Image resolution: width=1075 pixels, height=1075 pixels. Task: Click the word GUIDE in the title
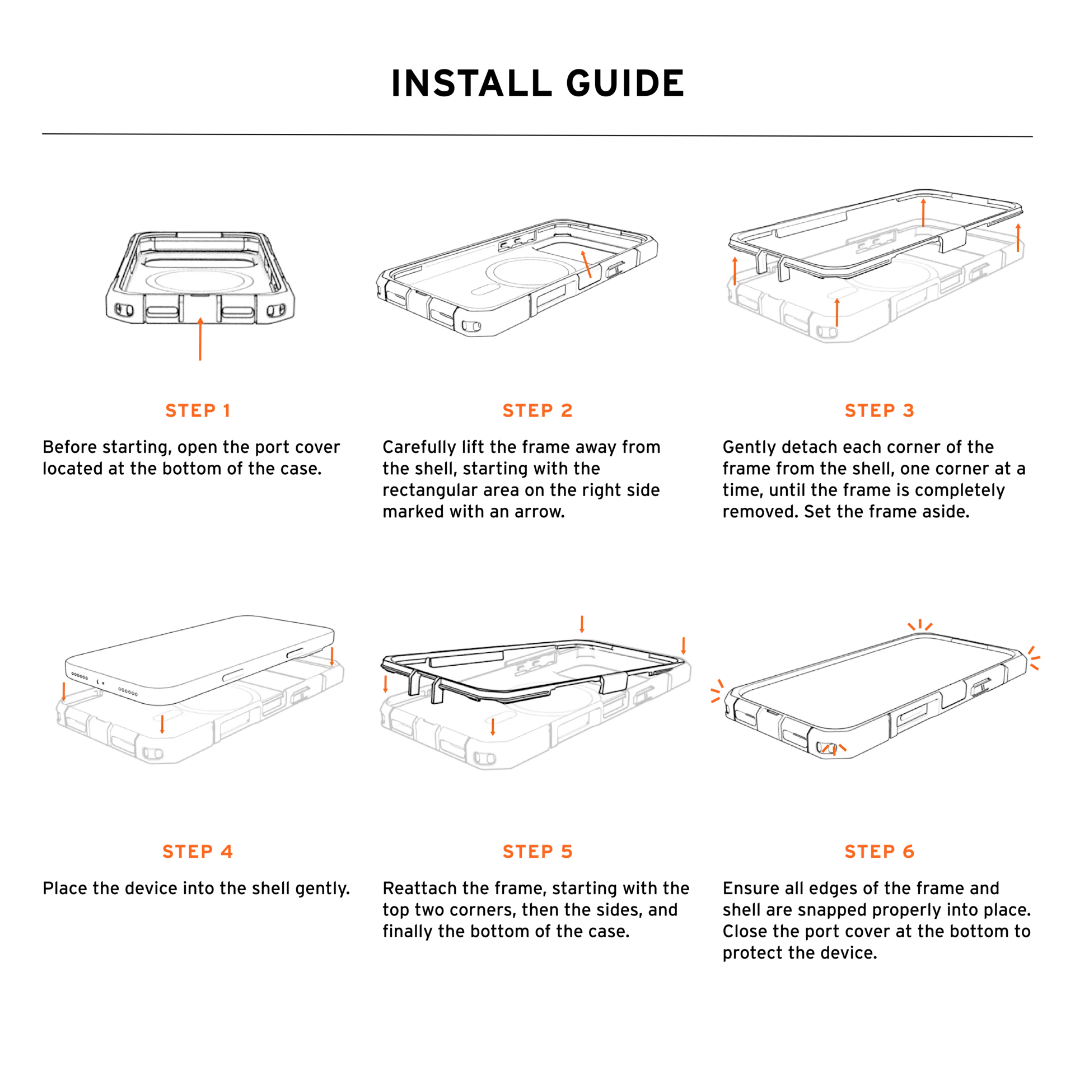pyautogui.click(x=625, y=83)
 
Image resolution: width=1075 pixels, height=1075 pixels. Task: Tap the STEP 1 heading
pyautogui.click(x=198, y=410)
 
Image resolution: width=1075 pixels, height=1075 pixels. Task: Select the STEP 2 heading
pyautogui.click(x=537, y=410)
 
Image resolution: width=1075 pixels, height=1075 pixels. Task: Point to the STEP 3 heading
pyautogui.click(x=879, y=410)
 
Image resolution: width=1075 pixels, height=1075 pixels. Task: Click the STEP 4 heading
pyautogui.click(x=198, y=852)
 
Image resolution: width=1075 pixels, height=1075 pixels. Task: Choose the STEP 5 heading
pyautogui.click(x=537, y=852)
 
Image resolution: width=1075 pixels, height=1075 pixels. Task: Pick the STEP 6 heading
pyautogui.click(x=879, y=852)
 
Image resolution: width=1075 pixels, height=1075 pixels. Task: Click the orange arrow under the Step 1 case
pyautogui.click(x=200, y=339)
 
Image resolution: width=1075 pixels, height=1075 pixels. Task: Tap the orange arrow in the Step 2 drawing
pyautogui.click(x=586, y=264)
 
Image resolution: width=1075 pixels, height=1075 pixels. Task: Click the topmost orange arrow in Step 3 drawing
pyautogui.click(x=923, y=212)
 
